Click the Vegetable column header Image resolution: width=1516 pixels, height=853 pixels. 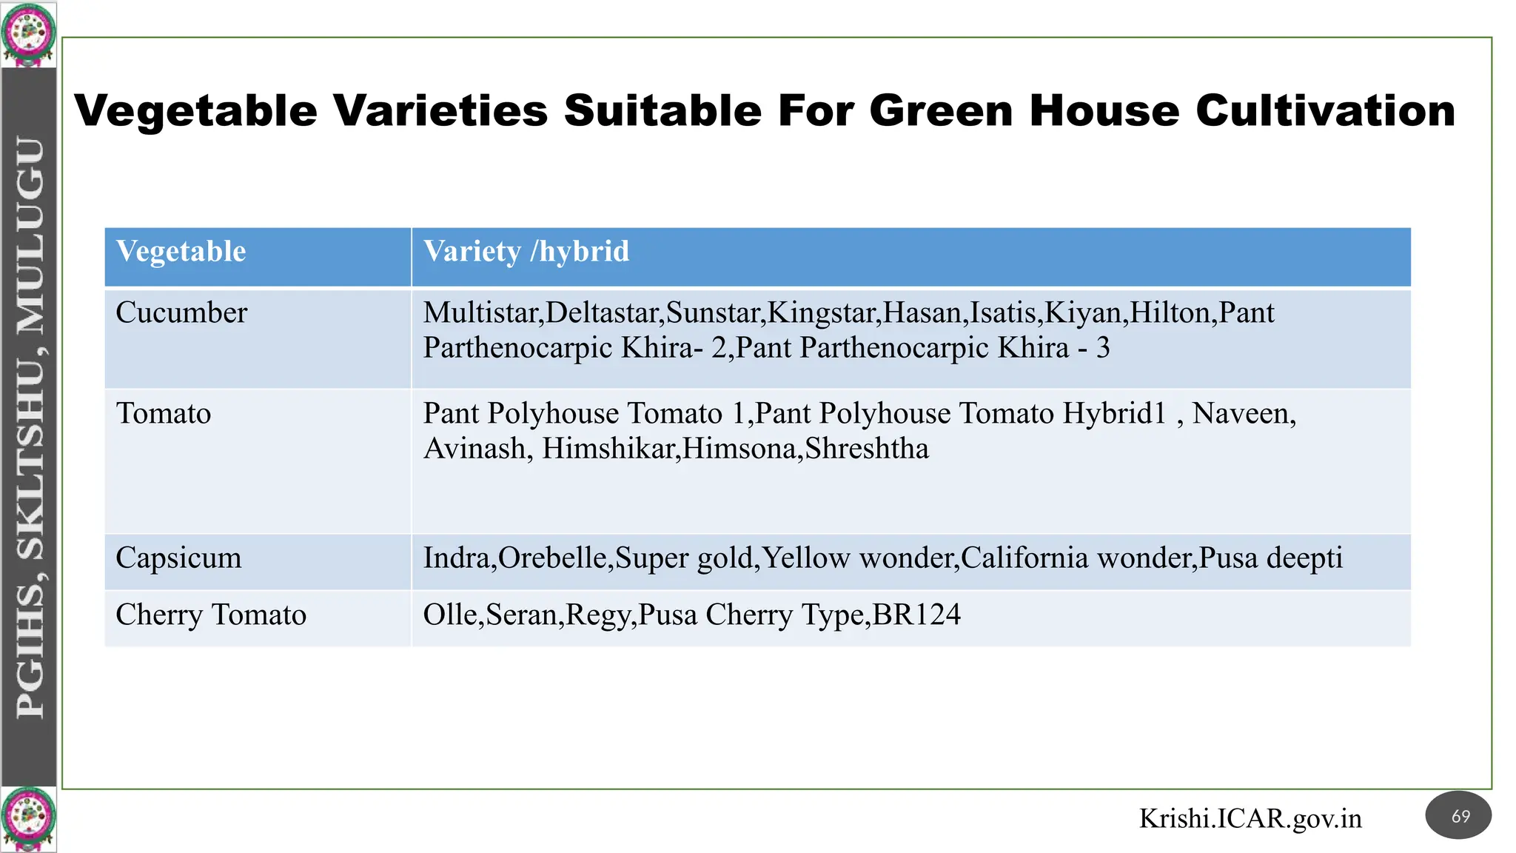(181, 252)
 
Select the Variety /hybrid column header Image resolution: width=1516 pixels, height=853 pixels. (526, 252)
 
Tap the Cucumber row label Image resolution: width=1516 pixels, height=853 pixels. (181, 313)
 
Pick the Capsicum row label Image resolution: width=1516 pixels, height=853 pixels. (178, 558)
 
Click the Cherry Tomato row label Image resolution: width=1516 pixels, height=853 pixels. (211, 615)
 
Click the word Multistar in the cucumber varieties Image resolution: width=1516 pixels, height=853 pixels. (481, 313)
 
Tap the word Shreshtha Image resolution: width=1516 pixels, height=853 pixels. (867, 449)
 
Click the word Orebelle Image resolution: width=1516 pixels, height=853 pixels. (553, 558)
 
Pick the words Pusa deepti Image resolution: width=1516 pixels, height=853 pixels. (1271, 558)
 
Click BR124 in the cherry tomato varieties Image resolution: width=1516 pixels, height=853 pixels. (916, 615)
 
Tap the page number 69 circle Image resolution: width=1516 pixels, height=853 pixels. (1458, 816)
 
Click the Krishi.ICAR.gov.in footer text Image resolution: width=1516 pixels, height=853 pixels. (1250, 819)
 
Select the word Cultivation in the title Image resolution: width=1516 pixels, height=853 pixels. (1325, 111)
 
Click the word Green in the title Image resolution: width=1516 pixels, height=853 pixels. (940, 111)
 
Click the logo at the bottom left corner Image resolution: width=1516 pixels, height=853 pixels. (28, 819)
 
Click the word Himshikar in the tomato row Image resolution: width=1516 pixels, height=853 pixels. (608, 449)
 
